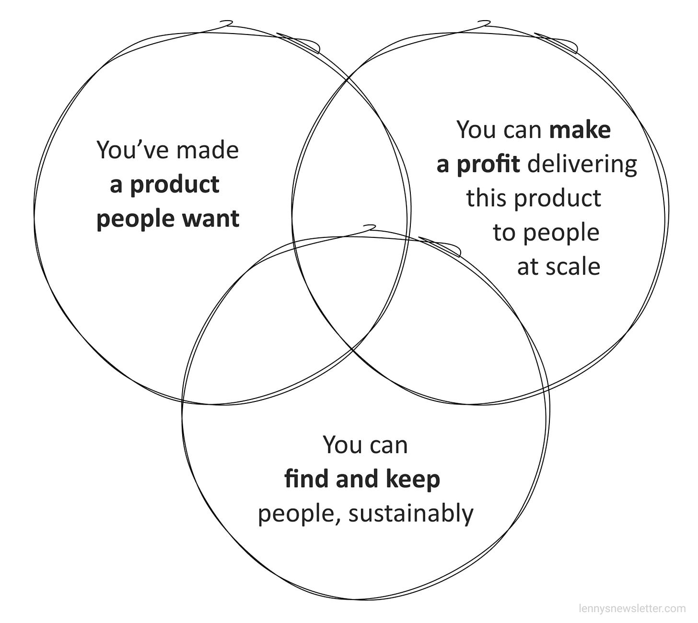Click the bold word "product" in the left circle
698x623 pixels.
174,185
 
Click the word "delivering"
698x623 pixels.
582,164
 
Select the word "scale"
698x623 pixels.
575,267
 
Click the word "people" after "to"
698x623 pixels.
561,233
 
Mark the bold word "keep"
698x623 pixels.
416,479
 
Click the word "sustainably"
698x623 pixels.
411,514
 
